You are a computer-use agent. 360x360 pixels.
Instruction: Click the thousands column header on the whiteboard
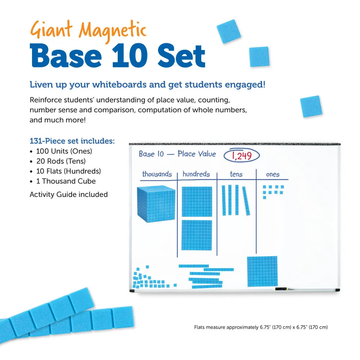pos(157,174)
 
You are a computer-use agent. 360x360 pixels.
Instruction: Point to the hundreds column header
pos(196,174)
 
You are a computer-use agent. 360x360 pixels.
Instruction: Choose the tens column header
pos(236,174)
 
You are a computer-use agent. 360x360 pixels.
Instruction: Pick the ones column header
pos(273,175)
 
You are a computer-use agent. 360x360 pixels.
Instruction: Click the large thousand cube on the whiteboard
pos(156,204)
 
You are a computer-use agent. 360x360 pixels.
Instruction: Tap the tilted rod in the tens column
pos(246,201)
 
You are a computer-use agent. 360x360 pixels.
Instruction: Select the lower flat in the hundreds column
pos(197,235)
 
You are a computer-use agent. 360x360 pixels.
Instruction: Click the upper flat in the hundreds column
pos(197,202)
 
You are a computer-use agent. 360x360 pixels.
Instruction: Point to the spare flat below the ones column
pos(262,271)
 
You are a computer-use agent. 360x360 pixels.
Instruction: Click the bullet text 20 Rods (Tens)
pos(61,161)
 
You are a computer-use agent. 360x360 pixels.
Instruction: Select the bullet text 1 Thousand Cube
pos(66,181)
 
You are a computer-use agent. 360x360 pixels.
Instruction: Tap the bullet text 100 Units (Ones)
pos(64,151)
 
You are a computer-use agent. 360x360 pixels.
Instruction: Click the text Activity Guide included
pos(68,194)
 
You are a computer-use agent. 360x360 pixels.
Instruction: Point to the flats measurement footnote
pos(261,327)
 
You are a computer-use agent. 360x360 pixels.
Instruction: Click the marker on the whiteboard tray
pos(282,289)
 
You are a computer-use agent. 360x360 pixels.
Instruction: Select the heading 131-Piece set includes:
pos(72,141)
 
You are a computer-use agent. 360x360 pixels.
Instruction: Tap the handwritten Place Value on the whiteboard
pos(197,154)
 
